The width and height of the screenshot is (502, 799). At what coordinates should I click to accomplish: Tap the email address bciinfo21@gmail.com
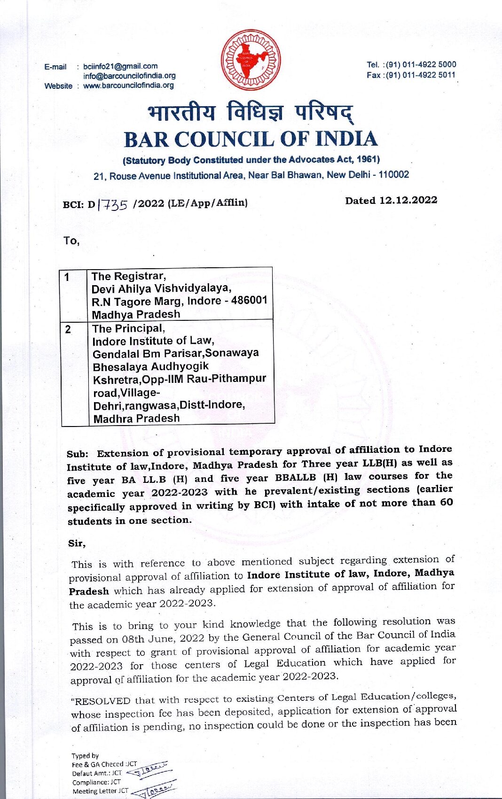point(120,66)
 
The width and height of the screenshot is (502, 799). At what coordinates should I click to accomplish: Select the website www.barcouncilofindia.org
point(128,85)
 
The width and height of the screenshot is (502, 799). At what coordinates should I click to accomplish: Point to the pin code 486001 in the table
point(249,300)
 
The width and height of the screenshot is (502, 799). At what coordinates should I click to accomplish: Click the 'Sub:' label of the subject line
point(78,454)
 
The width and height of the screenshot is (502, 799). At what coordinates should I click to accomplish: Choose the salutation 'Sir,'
point(77,543)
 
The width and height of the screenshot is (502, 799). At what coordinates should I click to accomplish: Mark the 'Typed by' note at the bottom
point(85,756)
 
